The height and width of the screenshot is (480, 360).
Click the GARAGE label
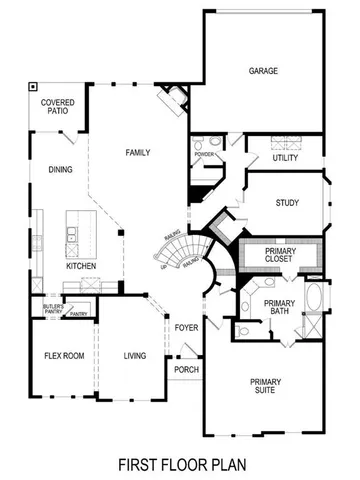(263, 71)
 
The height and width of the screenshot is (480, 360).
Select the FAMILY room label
(137, 153)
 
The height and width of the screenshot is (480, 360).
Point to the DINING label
(59, 169)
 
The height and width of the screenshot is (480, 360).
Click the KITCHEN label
(82, 267)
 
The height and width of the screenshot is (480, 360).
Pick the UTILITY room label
(286, 158)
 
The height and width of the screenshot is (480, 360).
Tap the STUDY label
(287, 203)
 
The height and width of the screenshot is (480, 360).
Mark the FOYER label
(187, 328)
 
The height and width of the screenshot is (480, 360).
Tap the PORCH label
(186, 369)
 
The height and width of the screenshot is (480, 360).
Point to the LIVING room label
(135, 356)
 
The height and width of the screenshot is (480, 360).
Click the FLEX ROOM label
(63, 356)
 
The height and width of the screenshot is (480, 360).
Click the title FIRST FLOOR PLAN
(180, 464)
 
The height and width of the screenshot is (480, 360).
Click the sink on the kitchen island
(73, 235)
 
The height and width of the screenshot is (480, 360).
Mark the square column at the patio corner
(33, 86)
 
